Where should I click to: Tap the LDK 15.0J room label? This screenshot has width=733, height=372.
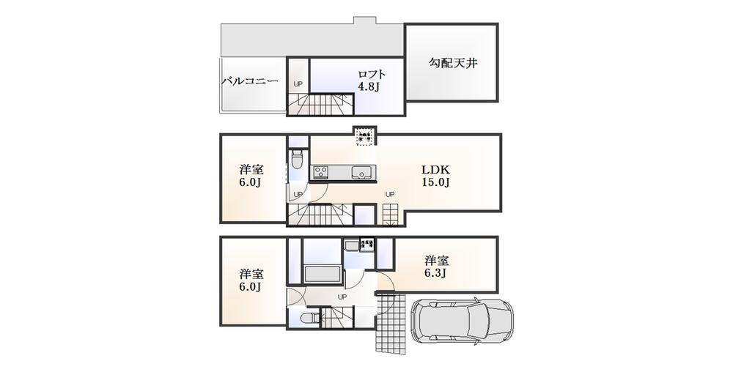pos(435,176)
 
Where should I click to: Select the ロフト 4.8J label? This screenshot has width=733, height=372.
pos(371,81)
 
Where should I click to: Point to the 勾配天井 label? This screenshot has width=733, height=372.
pos(453,64)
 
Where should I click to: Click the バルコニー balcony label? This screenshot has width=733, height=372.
pos(250,81)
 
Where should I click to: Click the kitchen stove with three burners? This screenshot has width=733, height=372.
pos(323,172)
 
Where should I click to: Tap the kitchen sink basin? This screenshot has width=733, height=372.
pos(361,172)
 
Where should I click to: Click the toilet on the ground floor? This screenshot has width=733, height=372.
pos(309,318)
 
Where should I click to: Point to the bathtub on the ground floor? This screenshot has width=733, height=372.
pos(320,275)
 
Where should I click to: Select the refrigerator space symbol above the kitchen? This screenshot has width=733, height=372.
pos(364,135)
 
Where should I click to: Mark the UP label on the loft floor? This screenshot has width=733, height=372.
pos(298,84)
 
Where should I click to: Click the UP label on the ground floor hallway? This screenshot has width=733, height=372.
pos(342,297)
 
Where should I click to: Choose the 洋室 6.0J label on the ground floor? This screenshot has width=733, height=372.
pos(251,280)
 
